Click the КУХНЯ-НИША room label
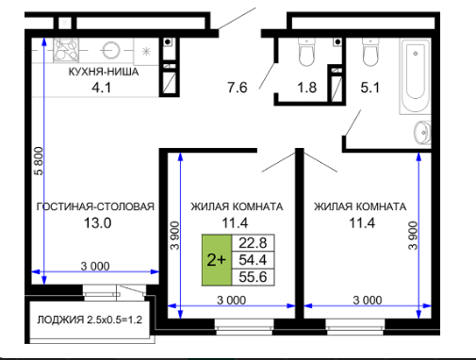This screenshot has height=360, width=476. (x=104, y=72)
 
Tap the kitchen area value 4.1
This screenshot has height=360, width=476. (x=101, y=88)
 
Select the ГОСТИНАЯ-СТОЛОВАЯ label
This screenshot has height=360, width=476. (x=95, y=206)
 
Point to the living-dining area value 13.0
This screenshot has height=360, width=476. (x=97, y=223)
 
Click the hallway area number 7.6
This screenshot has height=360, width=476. (x=238, y=88)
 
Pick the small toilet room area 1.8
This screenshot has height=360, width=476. (x=307, y=88)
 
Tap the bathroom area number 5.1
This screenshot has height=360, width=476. (x=370, y=88)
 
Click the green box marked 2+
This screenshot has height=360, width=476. (x=217, y=260)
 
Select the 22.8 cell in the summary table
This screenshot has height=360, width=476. (x=253, y=243)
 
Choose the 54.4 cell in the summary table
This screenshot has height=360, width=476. (x=253, y=260)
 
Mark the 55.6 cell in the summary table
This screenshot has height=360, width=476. (x=253, y=277)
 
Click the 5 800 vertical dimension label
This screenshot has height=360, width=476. (x=39, y=161)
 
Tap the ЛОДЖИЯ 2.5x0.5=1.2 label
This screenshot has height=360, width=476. (x=90, y=319)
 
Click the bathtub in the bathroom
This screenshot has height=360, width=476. (x=416, y=75)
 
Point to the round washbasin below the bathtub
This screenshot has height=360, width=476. (x=422, y=132)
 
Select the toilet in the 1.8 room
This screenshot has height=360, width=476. (x=306, y=52)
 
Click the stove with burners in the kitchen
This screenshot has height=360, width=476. (x=66, y=50)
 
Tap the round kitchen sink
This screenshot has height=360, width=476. (x=110, y=50)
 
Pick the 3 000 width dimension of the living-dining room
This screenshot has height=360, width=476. (x=95, y=267)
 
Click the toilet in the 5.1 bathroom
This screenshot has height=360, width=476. (x=370, y=52)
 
